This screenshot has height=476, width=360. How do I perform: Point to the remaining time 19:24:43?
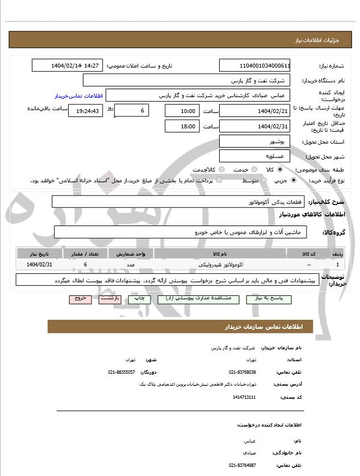[86, 111]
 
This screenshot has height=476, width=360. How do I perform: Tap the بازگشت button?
[110, 298]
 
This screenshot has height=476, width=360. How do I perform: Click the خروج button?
[80, 298]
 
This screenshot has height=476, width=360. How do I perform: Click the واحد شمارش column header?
[131, 254]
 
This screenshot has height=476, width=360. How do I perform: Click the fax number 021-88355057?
[122, 372]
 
